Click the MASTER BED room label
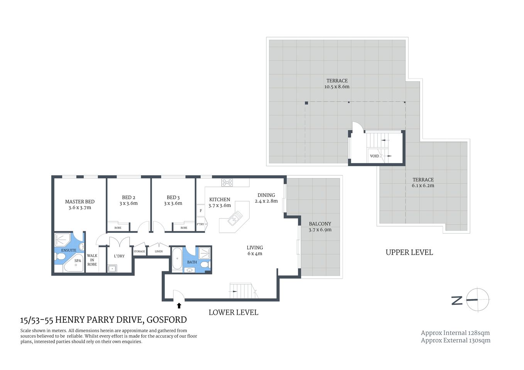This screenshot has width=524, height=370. pyautogui.click(x=79, y=202)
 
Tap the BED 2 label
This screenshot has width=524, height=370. pyautogui.click(x=128, y=197)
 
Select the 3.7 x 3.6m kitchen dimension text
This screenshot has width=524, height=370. pyautogui.click(x=220, y=205)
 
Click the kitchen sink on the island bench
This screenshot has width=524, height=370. pyautogui.click(x=235, y=218)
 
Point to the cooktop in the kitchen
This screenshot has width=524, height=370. pyautogui.click(x=227, y=183)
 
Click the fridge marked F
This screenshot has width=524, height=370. pyautogui.click(x=201, y=211)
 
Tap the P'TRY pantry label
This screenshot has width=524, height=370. pyautogui.click(x=200, y=224)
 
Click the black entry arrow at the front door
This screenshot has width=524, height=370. pyautogui.click(x=179, y=306)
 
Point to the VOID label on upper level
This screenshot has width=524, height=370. pyautogui.click(x=374, y=156)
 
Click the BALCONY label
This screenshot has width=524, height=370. pyautogui.click(x=320, y=224)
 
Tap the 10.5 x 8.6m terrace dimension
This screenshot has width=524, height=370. pyautogui.click(x=337, y=87)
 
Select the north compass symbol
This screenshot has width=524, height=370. pyautogui.click(x=477, y=299)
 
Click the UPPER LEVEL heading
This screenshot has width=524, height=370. pyautogui.click(x=409, y=252)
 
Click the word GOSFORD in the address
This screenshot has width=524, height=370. pyautogui.click(x=167, y=320)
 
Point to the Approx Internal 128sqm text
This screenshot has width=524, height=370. pyautogui.click(x=455, y=333)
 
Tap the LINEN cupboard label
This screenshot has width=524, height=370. pyautogui.click(x=159, y=251)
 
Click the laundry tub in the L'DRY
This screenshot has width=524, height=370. pyautogui.click(x=112, y=268)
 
